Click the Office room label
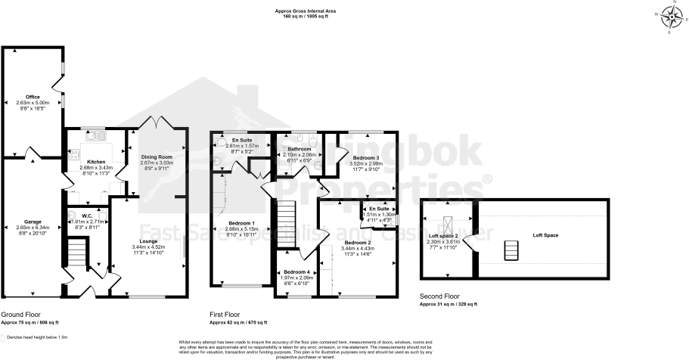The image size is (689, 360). [33, 97]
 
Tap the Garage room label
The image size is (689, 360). [33, 221]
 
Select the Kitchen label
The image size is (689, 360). [96, 162]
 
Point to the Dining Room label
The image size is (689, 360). [157, 156]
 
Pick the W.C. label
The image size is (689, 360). [88, 216]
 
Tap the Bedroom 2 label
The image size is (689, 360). [358, 243]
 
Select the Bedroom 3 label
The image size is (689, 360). [366, 157]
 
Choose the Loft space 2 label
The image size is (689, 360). [447, 236]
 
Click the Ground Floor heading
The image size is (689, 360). [20, 313]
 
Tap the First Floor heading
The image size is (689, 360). [224, 313]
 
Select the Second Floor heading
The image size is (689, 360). [440, 296]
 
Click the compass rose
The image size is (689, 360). [669, 15]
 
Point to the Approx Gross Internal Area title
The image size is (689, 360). [306, 11]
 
